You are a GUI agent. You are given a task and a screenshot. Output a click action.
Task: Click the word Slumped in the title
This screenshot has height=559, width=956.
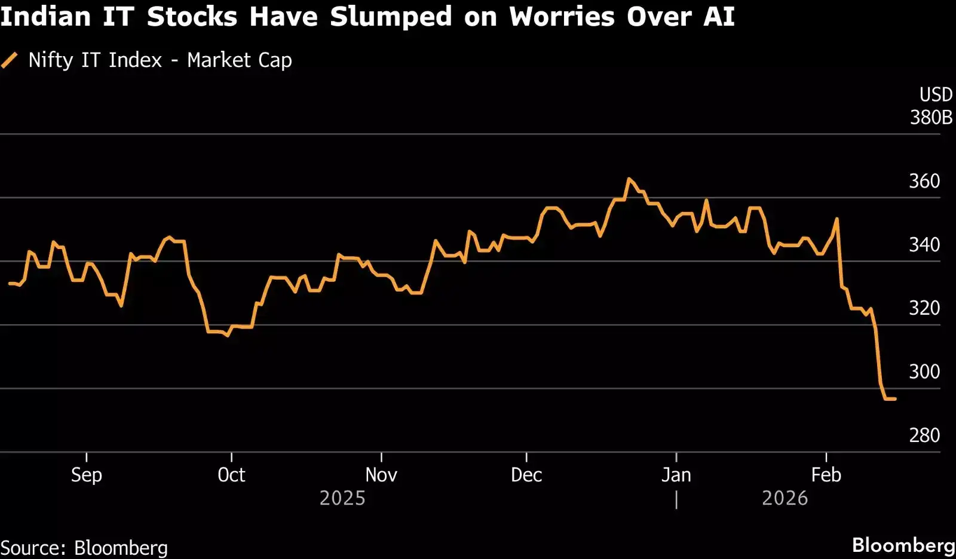click(391, 16)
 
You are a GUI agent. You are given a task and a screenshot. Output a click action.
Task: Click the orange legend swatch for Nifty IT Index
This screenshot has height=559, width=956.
click(10, 60)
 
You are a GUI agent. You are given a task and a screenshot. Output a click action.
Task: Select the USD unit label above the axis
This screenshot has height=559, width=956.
click(936, 94)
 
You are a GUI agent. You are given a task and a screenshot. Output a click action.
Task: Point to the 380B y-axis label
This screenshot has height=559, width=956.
click(931, 117)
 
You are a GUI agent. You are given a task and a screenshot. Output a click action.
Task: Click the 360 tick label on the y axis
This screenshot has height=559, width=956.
click(924, 181)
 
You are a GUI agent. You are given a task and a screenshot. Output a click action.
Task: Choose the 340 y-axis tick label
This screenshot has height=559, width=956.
click(924, 244)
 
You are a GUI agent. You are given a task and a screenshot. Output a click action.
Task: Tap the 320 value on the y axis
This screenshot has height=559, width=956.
click(924, 308)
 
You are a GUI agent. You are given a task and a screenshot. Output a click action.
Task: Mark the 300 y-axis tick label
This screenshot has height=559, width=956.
click(924, 371)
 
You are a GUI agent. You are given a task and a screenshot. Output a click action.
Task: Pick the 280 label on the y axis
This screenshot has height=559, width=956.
click(924, 435)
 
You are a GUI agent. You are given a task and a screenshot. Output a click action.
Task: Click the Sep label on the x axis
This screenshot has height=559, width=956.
click(87, 475)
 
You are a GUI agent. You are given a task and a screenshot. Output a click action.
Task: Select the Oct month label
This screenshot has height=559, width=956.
click(231, 475)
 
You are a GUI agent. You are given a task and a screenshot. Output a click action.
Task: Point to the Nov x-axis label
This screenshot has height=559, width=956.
click(381, 475)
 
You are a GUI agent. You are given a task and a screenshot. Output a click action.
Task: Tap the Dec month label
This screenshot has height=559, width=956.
click(526, 475)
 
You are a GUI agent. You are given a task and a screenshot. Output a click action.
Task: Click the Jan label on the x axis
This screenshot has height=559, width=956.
click(676, 475)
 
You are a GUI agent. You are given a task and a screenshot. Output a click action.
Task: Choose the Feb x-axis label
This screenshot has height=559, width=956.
click(826, 475)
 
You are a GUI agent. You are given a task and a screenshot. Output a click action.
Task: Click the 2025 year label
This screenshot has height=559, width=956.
click(342, 498)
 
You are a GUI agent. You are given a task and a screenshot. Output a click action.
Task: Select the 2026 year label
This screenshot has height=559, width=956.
click(785, 498)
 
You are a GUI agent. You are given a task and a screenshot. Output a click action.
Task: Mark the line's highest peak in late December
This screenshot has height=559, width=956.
click(629, 179)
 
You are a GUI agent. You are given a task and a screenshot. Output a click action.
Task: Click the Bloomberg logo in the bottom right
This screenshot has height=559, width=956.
click(903, 545)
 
